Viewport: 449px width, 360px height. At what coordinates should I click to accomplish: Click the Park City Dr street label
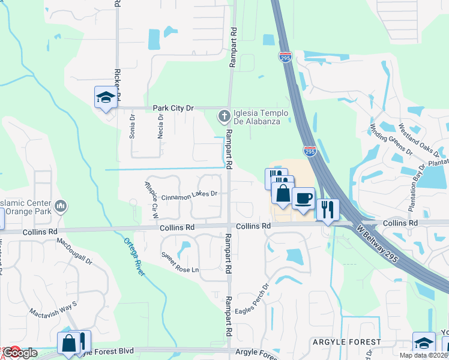[x=173, y=108]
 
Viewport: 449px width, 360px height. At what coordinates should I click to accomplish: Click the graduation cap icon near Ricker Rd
[x=105, y=98]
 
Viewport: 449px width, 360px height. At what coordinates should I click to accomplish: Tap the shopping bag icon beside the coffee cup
[x=283, y=193]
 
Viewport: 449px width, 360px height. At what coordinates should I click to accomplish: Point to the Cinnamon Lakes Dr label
[x=188, y=194]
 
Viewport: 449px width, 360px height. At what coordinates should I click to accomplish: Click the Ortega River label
[x=136, y=257]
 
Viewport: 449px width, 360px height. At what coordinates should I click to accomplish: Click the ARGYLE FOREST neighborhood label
[x=346, y=342]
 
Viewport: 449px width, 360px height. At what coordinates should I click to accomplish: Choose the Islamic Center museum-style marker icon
[x=60, y=208]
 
